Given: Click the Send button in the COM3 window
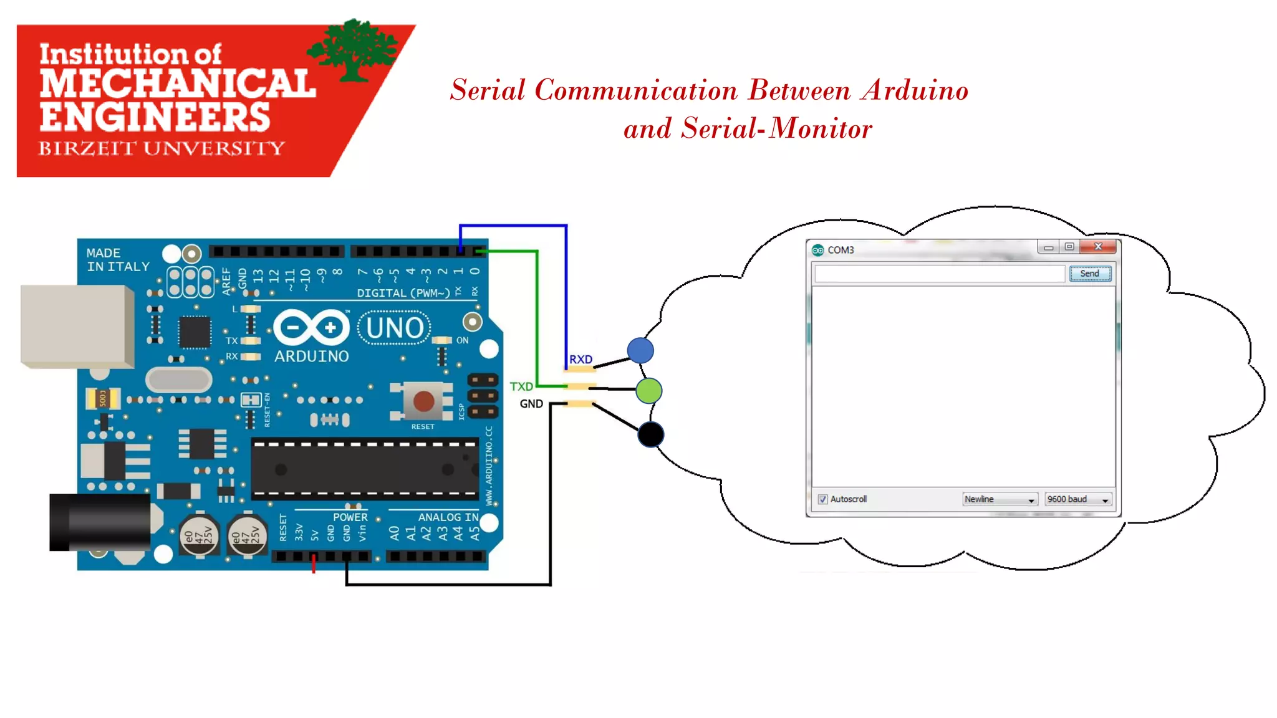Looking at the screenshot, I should click(x=1090, y=274).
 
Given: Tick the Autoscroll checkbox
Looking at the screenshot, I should click(x=822, y=499).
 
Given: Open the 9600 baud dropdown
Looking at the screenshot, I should click(x=1078, y=499).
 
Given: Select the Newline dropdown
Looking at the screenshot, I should click(x=999, y=499).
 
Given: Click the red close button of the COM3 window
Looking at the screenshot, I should click(x=1099, y=247).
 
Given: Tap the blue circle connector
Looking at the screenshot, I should click(x=640, y=350).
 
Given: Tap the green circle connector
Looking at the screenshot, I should click(x=649, y=391).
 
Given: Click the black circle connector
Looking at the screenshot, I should click(x=651, y=434).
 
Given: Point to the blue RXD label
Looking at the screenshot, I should click(x=581, y=360).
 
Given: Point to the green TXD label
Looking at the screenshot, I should click(x=521, y=386).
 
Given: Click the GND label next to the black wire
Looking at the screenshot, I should click(x=531, y=404).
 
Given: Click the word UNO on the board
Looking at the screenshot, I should click(x=395, y=328).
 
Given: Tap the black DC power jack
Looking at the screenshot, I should click(x=100, y=522).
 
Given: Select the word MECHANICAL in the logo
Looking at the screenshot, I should click(x=178, y=84).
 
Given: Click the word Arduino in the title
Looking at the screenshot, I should click(x=915, y=90).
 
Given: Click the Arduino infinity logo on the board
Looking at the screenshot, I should click(x=311, y=327).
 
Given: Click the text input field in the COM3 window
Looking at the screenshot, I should click(x=939, y=274).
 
